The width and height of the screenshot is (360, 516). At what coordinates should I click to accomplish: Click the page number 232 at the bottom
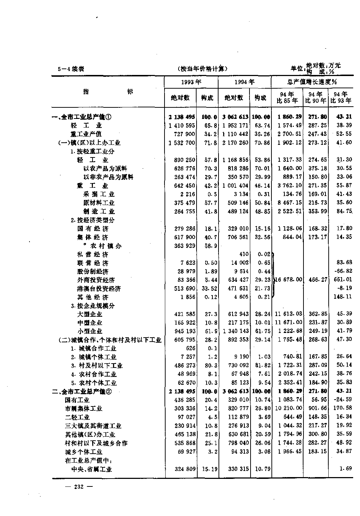78,486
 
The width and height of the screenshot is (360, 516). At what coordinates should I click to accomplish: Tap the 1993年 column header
191,82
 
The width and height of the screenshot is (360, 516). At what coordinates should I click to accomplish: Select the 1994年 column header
244,82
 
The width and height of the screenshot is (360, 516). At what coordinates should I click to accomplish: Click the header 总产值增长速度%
312,82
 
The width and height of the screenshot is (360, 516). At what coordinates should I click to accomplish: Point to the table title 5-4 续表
71,69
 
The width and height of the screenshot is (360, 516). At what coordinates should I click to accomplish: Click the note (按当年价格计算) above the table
203,69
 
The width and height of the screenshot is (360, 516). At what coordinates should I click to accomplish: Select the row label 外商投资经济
96,280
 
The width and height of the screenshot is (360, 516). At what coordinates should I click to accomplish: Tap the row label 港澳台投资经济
99,289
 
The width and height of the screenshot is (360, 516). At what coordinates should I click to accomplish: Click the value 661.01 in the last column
343,280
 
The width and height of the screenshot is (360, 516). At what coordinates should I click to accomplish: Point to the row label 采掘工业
99,194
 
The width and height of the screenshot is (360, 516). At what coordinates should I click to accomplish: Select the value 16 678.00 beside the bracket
288,280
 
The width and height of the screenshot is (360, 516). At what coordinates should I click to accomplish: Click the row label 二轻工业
77,417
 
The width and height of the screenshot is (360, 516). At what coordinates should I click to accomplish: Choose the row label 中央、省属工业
92,469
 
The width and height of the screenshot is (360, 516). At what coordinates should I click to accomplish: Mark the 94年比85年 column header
287,98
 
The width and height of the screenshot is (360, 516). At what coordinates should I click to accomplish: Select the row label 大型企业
90,314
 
